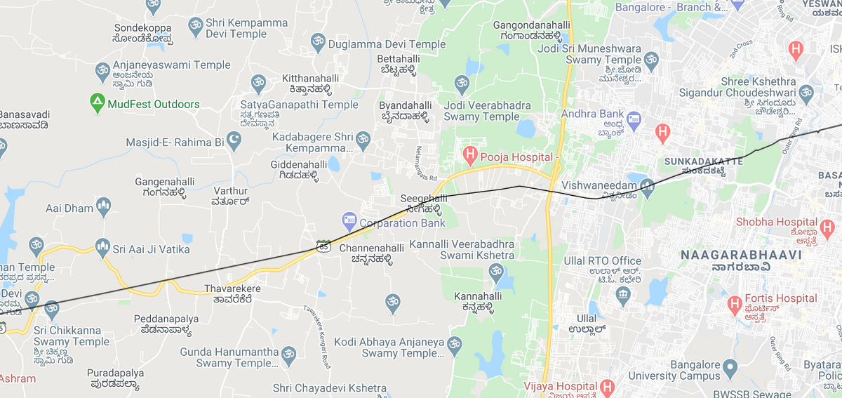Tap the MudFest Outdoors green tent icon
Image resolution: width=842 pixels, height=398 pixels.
98,104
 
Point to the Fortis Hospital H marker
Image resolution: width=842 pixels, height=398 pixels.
735,304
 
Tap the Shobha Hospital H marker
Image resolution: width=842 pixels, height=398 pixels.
827,227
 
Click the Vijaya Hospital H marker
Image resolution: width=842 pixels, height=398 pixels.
608,387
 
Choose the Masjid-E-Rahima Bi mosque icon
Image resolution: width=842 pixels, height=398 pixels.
234,142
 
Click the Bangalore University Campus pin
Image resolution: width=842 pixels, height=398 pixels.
730,367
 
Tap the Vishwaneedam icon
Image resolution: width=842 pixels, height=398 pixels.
647,186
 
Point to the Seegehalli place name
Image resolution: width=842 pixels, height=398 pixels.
423,199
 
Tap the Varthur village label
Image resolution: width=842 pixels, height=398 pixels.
231,191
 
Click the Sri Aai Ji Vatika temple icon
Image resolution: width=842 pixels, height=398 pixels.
102,247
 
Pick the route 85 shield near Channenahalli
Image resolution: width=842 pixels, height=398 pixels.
323,246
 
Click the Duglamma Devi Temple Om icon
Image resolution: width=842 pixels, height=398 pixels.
317,44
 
